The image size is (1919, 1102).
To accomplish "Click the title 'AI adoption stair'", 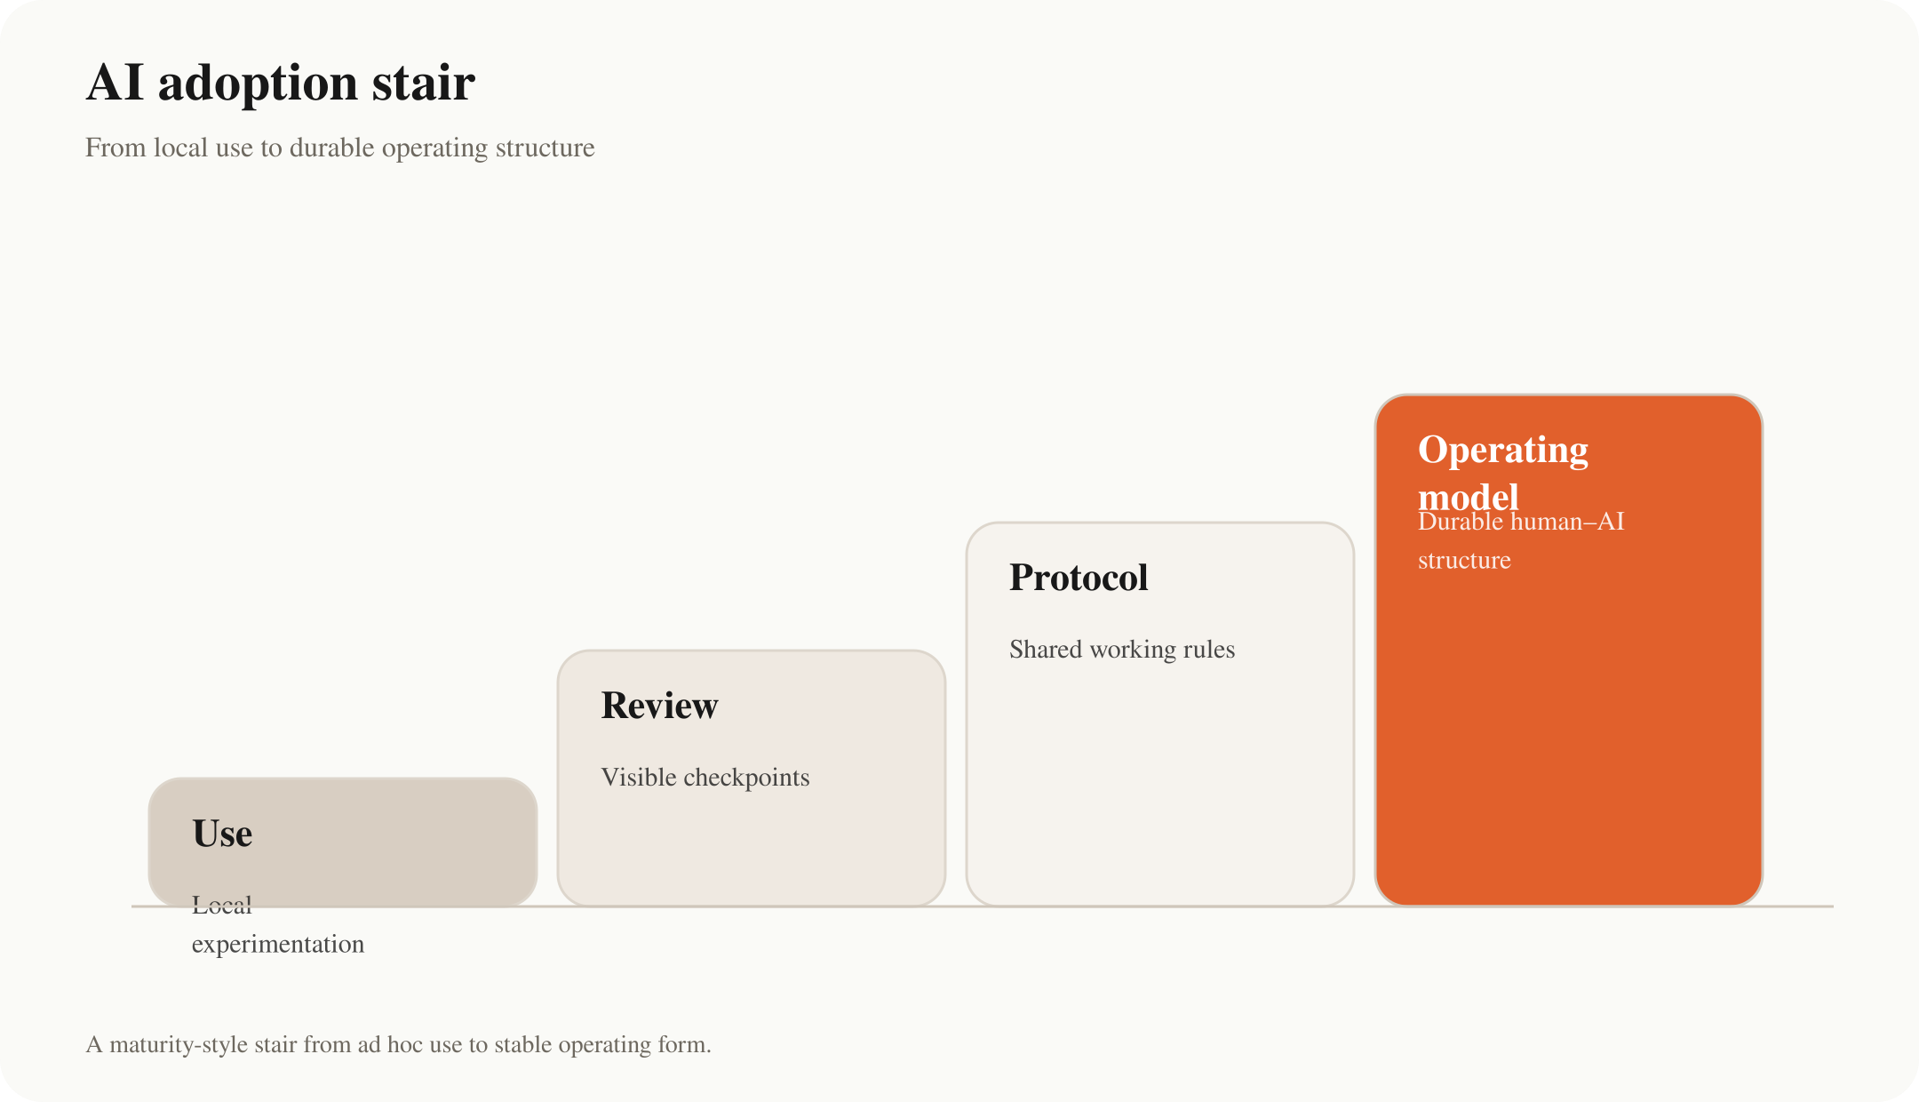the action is point(281,84).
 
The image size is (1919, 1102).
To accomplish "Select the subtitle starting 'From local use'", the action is point(340,148).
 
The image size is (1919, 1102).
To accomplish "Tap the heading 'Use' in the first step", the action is point(222,834).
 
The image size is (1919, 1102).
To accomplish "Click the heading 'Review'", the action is point(659,706).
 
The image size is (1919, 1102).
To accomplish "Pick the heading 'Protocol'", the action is point(1079,578).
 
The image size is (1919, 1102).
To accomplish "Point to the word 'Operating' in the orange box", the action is point(1503,451).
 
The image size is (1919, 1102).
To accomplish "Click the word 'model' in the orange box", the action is point(1469,497).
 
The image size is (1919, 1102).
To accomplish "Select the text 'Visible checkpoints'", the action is point(705,778).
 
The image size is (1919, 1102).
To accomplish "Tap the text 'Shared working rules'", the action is point(1122,650).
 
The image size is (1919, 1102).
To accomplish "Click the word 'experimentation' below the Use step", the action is point(278,945).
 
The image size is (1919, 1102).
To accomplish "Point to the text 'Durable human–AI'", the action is point(1521,522).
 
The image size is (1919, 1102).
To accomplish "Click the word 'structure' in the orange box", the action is point(1464,561).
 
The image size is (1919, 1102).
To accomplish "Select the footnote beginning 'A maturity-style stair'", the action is point(399,1044).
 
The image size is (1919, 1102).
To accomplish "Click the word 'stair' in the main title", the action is point(424,84).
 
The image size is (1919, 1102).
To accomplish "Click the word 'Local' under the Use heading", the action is point(222,905).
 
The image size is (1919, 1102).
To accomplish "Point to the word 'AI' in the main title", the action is point(115,83).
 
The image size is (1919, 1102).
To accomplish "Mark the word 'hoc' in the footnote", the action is point(405,1044).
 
